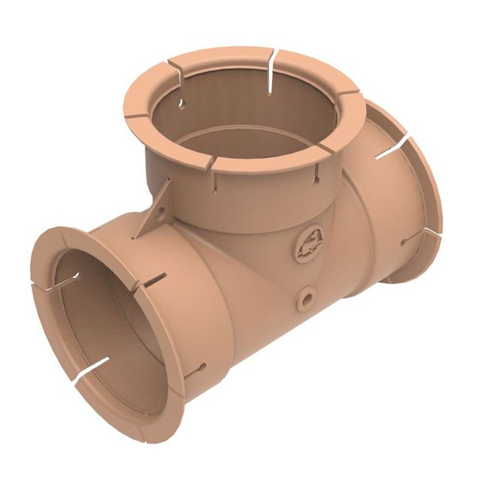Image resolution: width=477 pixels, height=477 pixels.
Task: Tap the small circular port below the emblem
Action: point(306,298)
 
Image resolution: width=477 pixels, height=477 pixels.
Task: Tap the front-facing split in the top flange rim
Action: point(208,161)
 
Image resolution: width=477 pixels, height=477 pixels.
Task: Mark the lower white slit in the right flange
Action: point(429,233)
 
